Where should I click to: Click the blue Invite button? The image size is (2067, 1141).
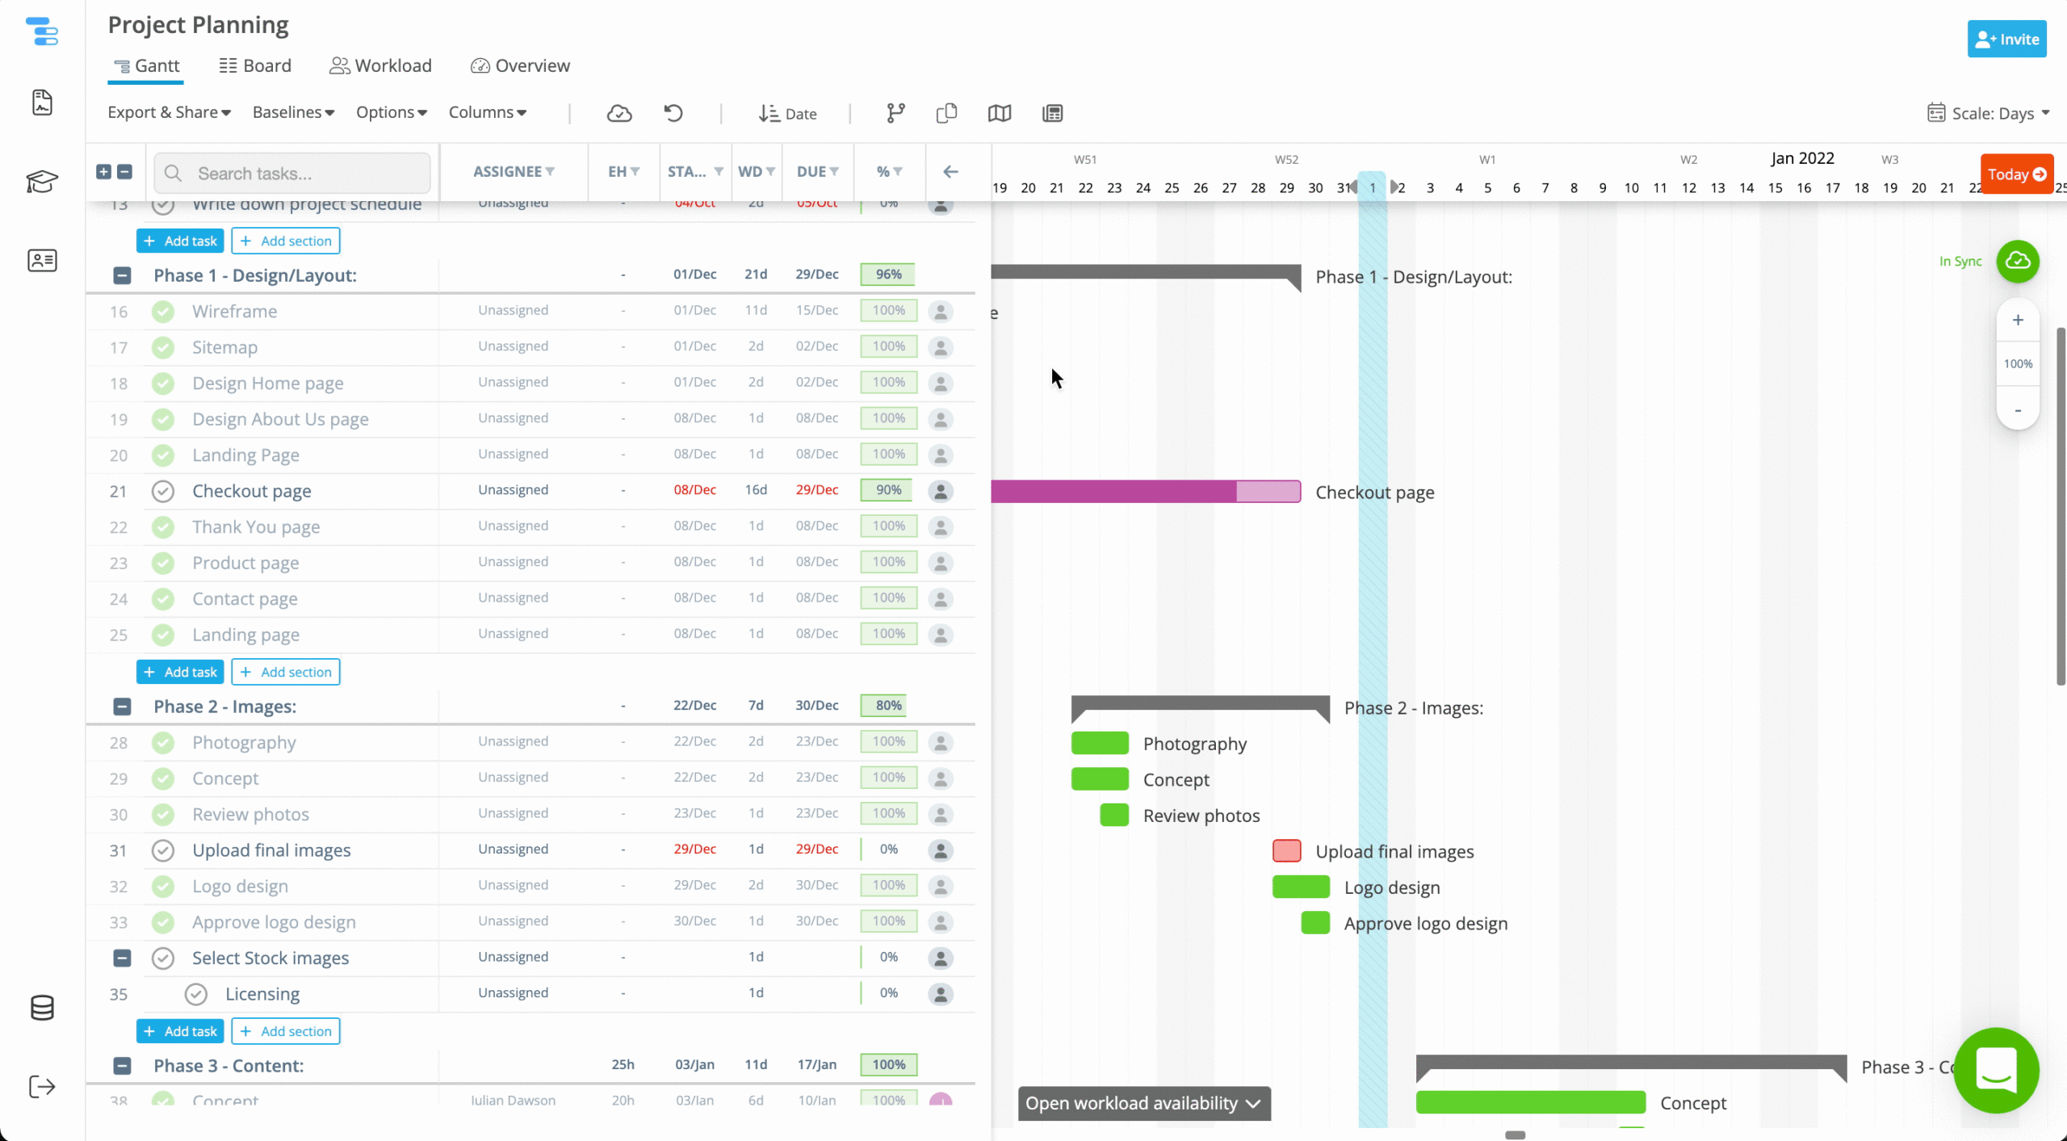click(2006, 40)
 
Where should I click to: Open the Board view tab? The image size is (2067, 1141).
click(255, 65)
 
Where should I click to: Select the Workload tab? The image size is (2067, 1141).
click(380, 65)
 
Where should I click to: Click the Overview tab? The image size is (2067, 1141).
click(520, 65)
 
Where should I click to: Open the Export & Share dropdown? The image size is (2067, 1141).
click(169, 112)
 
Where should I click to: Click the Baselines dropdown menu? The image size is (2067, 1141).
click(293, 112)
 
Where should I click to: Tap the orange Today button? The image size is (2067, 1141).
click(2016, 174)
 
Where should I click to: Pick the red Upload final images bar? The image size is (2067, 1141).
click(1286, 850)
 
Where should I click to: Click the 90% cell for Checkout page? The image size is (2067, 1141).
click(888, 490)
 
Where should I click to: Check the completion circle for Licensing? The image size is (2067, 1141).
click(196, 994)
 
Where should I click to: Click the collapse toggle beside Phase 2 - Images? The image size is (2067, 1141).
click(122, 707)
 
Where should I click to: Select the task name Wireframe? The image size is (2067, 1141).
click(234, 312)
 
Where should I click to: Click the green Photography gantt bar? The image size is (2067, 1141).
click(1100, 743)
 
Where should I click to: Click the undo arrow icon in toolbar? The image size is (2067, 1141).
click(673, 113)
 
